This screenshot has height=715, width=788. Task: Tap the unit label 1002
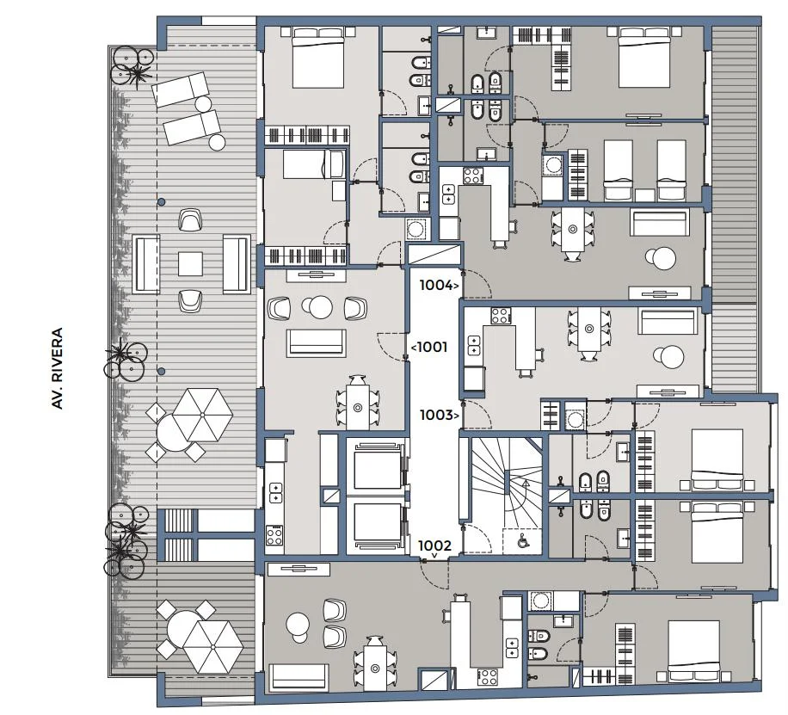(x=434, y=545)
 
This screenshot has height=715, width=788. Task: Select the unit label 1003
(x=436, y=415)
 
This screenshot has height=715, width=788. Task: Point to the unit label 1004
(x=436, y=285)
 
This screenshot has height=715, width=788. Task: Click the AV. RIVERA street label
(x=58, y=368)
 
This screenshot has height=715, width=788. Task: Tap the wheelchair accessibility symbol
(x=523, y=541)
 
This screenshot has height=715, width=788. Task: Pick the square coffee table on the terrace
(x=190, y=264)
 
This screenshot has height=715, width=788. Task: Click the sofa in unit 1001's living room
(x=316, y=343)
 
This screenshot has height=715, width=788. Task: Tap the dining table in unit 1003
(x=589, y=330)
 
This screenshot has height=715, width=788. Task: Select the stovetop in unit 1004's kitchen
(x=472, y=176)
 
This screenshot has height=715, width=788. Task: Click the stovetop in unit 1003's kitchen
(x=500, y=316)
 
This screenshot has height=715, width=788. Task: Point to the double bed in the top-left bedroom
(x=318, y=58)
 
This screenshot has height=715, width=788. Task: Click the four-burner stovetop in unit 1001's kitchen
(x=274, y=535)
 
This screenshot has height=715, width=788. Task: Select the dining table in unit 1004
(x=572, y=230)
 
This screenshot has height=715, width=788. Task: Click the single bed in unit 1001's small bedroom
(x=312, y=164)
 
